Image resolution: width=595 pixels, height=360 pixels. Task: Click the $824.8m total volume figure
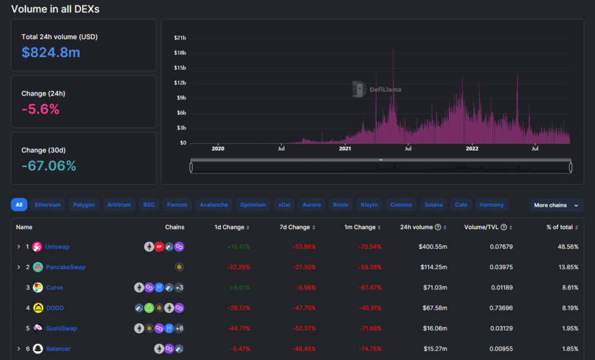(50, 52)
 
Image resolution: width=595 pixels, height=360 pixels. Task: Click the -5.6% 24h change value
(41, 109)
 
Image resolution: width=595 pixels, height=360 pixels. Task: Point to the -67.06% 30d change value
(48, 166)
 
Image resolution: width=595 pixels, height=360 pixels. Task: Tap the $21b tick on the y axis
(179, 37)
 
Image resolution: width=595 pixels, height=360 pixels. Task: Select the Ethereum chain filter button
(48, 205)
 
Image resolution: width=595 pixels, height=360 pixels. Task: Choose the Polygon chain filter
(84, 205)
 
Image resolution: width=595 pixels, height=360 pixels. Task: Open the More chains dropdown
(556, 205)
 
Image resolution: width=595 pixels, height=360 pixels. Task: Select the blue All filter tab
(19, 205)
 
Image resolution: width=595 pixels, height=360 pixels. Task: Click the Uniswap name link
(58, 247)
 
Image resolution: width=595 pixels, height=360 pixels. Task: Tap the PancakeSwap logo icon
(38, 267)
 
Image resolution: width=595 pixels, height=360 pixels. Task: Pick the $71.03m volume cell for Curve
(433, 287)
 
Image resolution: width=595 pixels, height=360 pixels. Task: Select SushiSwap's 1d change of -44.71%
(239, 328)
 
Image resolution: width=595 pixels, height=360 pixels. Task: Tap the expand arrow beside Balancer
(19, 349)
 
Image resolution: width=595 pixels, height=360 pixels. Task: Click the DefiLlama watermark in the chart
(377, 89)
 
